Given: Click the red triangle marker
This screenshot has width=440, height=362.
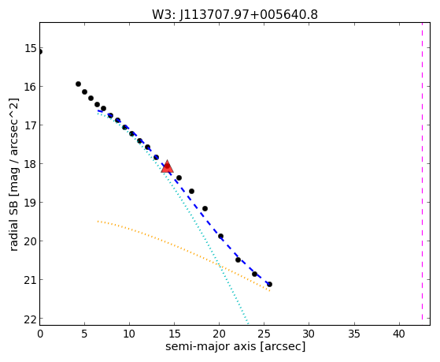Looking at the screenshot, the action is tap(167, 166).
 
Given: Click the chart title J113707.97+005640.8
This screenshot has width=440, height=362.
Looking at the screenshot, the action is tap(249, 14).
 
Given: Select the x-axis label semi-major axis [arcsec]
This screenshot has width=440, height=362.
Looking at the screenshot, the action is tap(235, 346).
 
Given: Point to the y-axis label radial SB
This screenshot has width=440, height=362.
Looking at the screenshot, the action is tap(13, 224).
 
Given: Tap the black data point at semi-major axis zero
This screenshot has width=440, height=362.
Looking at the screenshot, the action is tap(40, 52).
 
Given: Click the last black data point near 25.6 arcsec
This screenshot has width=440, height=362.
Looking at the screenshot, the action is tap(269, 285).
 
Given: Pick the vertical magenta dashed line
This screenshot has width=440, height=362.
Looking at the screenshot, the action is tap(422, 171).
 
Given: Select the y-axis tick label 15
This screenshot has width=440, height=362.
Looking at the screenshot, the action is tap(31, 48).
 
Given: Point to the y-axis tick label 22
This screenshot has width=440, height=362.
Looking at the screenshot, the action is tap(31, 319).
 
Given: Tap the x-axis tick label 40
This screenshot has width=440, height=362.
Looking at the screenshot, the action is tap(399, 334).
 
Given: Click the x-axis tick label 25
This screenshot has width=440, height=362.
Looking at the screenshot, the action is tap(264, 334).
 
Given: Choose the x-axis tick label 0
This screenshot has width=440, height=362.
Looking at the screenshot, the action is tap(40, 334).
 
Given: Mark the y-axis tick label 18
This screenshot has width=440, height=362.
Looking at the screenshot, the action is tap(31, 164).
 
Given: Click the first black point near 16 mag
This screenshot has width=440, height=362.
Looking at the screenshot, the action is tap(78, 84).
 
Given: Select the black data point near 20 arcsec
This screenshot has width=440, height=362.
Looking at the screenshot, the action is tap(221, 237).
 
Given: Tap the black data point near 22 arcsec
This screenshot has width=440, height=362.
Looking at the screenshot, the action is tap(238, 260).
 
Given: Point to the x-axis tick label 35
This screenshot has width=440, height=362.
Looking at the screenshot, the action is tap(354, 334).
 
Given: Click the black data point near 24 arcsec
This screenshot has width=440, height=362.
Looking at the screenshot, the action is tap(254, 274).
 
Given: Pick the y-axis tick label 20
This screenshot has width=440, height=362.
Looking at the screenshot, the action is tap(31, 241).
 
